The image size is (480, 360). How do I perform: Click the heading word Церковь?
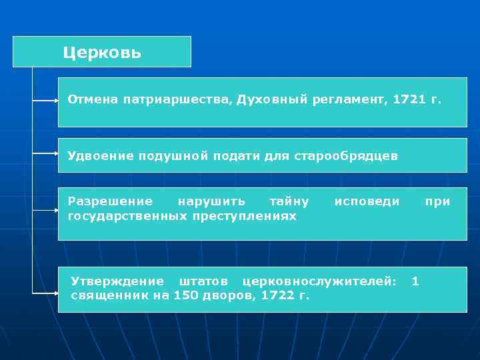coord(102,53)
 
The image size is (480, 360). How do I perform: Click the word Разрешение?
coord(110,201)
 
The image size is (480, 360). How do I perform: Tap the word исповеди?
coord(367,201)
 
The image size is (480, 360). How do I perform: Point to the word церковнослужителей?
coord(319,281)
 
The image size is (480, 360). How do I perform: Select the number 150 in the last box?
coord(185,295)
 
